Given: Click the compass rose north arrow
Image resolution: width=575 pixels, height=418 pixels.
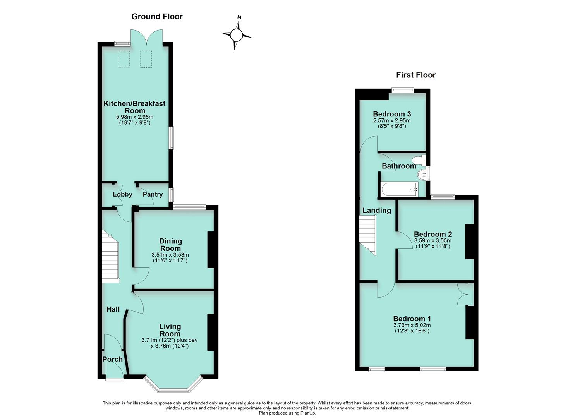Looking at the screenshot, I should pos(237,35).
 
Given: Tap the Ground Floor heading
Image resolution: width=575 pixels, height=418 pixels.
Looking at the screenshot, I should pos(157,16).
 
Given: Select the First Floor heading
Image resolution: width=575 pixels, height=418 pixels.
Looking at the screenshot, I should pos(416,75).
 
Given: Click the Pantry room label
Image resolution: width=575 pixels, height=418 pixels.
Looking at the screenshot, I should pos(153,194).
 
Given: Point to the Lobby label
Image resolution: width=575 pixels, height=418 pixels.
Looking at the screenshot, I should pos(122,194).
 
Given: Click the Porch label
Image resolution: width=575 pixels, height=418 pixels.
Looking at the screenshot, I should pos(112,359).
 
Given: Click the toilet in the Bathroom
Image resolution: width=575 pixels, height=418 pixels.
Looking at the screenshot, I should pos(418,160).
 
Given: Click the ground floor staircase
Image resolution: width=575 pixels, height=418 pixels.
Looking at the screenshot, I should pos(110,255).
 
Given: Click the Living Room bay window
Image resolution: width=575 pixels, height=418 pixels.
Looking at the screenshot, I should pos(173,385).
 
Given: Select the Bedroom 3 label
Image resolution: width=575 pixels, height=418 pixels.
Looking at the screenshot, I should pos(392,114).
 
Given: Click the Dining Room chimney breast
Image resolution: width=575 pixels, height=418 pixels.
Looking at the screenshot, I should pos(211,250).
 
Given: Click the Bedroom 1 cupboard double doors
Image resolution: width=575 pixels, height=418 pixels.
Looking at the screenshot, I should pos(465,294).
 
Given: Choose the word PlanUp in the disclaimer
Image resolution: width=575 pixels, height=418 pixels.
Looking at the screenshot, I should pos(308,413).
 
